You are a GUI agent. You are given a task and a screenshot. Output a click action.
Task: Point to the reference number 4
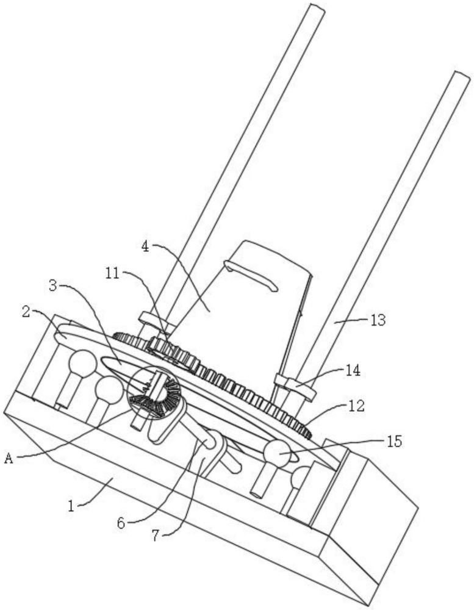click(x=145, y=247)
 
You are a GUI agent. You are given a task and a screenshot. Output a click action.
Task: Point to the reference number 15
click(x=395, y=441)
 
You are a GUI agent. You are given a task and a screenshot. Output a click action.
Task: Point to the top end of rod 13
click(x=461, y=76)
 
